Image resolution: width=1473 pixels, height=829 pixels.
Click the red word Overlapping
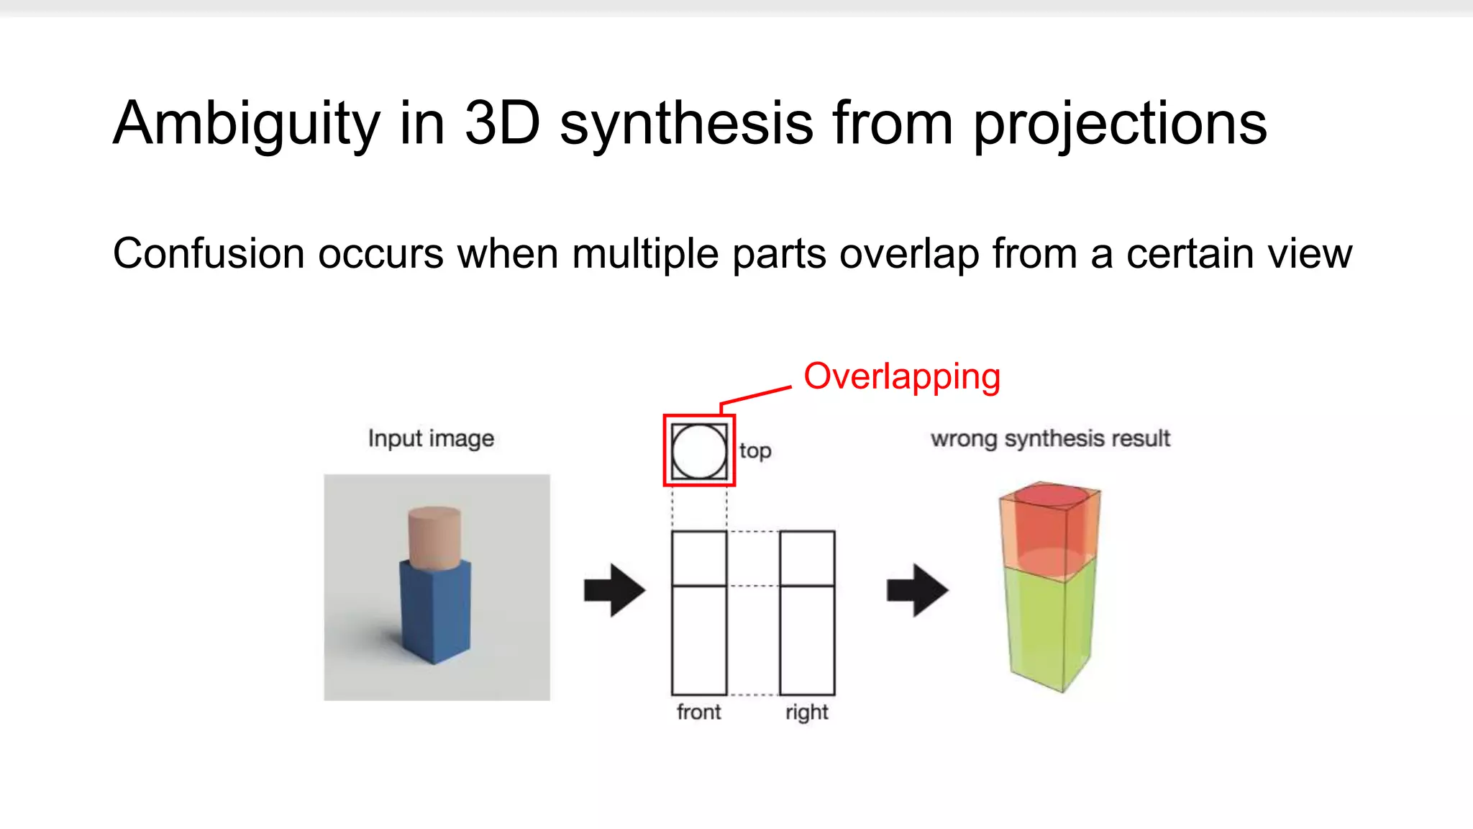(x=901, y=377)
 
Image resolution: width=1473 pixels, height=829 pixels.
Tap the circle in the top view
(x=699, y=451)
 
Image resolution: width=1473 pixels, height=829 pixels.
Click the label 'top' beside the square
(x=754, y=451)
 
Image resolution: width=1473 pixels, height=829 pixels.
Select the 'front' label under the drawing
(x=698, y=712)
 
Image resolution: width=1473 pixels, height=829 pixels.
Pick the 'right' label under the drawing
(x=806, y=712)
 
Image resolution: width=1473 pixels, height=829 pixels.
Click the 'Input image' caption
(x=431, y=438)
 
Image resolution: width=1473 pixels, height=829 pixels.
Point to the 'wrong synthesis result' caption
(x=1050, y=438)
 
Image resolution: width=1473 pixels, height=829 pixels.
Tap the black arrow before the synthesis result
(x=917, y=590)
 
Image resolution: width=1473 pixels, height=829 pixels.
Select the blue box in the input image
(x=434, y=612)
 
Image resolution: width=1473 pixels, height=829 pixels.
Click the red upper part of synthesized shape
(x=1049, y=529)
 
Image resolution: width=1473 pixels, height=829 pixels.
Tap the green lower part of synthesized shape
(x=1049, y=626)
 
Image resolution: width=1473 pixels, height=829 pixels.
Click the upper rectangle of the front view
(x=699, y=558)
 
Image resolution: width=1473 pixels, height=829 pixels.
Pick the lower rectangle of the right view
(x=807, y=640)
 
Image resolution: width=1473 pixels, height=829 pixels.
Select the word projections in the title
(x=1119, y=124)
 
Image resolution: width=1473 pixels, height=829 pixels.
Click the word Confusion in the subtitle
(x=209, y=254)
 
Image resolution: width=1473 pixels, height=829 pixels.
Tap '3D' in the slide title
(x=502, y=124)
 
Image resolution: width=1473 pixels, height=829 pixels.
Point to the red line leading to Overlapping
(x=755, y=395)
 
